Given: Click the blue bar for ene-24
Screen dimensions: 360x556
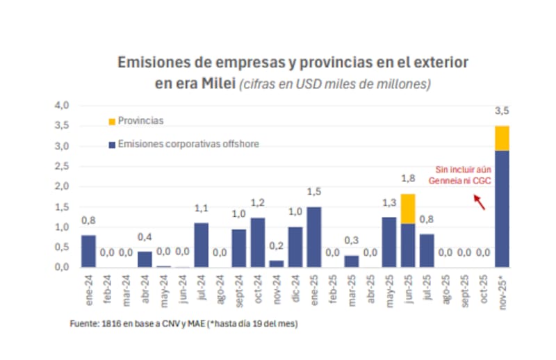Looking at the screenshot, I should pyautogui.click(x=88, y=251).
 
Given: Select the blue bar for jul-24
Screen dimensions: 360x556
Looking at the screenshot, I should pyautogui.click(x=201, y=245).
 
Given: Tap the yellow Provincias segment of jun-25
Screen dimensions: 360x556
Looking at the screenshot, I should pyautogui.click(x=407, y=208).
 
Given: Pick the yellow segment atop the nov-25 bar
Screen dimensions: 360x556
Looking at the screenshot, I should pyautogui.click(x=501, y=138).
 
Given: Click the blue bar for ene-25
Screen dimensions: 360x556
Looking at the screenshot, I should pyautogui.click(x=313, y=237).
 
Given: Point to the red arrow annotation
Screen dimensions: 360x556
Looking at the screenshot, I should pyautogui.click(x=479, y=202).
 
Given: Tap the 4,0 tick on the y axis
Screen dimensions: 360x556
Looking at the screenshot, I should pyautogui.click(x=63, y=106).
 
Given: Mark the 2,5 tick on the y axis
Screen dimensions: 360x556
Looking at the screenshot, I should pyautogui.click(x=63, y=167).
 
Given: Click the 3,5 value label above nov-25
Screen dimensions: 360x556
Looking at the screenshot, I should pyautogui.click(x=502, y=111).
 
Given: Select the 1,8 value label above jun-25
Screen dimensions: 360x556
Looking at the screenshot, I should pyautogui.click(x=408, y=179).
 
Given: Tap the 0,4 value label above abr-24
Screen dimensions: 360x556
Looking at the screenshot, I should pyautogui.click(x=145, y=236).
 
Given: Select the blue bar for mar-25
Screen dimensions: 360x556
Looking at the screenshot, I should pyautogui.click(x=351, y=261).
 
